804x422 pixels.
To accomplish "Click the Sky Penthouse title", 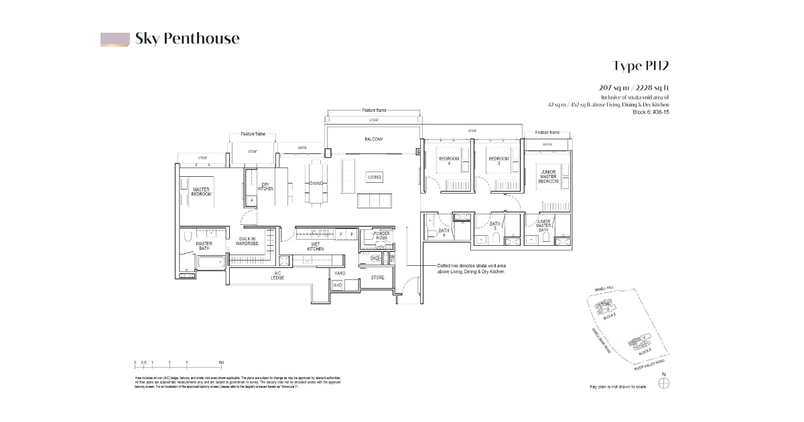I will pos(187,38).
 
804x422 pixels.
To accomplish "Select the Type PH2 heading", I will pos(641,66).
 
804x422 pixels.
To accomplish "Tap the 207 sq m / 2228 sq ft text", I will pos(634,88).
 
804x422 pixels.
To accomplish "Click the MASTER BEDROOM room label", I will pos(201,192).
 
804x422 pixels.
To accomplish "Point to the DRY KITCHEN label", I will pos(266,187).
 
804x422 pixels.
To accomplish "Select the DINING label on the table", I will pos(316,183).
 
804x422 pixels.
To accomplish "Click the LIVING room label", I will pos(375,178).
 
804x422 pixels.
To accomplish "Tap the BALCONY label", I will pos(374,139).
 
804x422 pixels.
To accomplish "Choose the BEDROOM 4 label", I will pos(449,161).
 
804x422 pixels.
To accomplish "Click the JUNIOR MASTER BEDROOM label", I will pos(549,177).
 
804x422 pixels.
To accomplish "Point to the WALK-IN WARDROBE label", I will pos(247,241).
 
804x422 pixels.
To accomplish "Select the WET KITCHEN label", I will pos(316,247).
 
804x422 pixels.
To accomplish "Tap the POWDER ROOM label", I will pos(382,235).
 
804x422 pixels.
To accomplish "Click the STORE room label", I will pos(377,277).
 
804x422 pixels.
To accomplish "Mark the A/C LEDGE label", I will pos(278,275).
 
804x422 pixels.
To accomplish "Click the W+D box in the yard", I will pos(337,285).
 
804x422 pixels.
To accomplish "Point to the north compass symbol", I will pos(663,383).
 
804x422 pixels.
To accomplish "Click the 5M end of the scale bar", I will pos(221,362).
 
